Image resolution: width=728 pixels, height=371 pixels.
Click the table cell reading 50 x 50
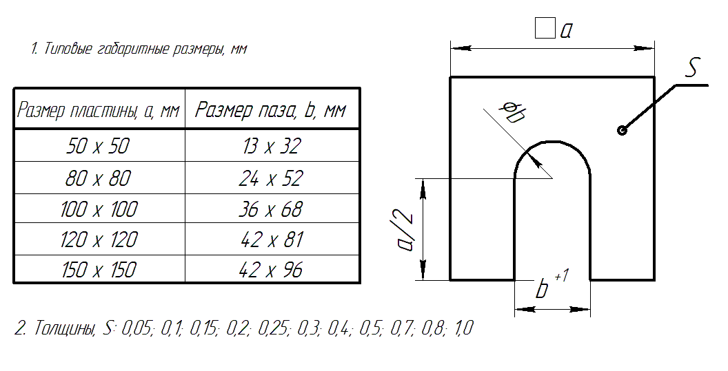(x=99, y=146)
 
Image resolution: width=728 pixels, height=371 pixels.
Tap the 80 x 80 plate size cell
(x=99, y=178)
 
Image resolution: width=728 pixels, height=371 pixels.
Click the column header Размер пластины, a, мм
(x=98, y=110)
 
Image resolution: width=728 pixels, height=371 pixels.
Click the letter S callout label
(x=693, y=68)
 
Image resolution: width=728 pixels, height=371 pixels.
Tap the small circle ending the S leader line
(x=622, y=131)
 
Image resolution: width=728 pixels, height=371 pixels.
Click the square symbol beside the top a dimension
(x=545, y=29)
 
